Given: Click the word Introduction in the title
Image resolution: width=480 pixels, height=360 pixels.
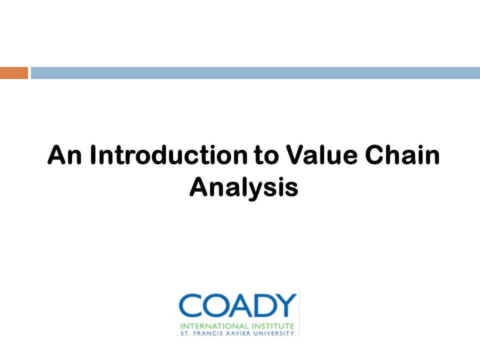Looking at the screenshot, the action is point(168,155).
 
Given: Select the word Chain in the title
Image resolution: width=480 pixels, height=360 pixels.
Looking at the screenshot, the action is point(402,155).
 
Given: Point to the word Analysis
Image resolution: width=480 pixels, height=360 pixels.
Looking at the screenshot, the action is point(244,187).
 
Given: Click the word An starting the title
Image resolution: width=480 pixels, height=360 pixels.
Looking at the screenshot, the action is point(64,155).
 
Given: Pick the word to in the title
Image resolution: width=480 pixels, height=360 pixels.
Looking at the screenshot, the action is point(266,155).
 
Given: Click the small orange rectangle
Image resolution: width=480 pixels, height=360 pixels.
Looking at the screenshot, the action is point(14,73).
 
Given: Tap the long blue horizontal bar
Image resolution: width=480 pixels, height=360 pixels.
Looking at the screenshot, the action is point(255,73).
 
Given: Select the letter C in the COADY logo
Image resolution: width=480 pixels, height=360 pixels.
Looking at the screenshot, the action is point(190,305).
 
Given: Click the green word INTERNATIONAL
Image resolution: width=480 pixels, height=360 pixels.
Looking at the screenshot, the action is point(214,326).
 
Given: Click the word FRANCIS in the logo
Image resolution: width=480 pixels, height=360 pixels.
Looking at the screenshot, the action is point(208,333).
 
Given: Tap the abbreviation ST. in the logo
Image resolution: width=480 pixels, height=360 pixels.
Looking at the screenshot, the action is point(185,333).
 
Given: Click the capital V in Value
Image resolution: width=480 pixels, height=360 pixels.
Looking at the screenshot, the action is point(295,155).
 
